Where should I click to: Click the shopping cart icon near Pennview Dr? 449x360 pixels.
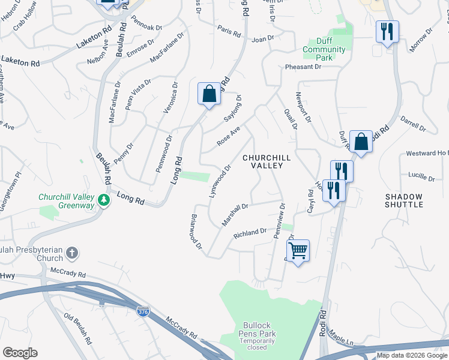(298, 250)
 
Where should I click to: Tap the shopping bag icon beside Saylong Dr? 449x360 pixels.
(209, 94)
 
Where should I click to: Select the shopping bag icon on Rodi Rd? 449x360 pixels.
(361, 142)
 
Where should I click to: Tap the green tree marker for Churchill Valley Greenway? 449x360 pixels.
(104, 200)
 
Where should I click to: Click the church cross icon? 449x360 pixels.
(72, 252)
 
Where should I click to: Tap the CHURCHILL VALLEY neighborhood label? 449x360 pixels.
(267, 161)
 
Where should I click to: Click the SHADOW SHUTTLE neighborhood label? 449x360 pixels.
(404, 200)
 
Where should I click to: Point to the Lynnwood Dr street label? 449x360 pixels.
(220, 181)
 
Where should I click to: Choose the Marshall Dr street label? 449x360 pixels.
(235, 214)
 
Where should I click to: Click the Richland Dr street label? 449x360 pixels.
(250, 232)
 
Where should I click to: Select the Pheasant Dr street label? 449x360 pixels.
(304, 67)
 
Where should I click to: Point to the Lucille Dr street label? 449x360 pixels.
(421, 178)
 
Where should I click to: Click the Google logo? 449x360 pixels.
(20, 353)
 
